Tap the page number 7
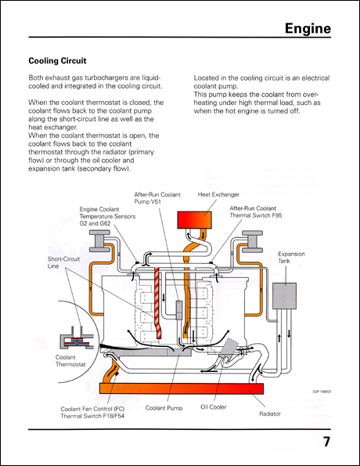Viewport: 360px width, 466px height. click(326, 442)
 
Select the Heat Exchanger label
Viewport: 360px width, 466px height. click(218, 193)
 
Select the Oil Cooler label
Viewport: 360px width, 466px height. click(213, 407)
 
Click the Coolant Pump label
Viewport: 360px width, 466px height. click(164, 407)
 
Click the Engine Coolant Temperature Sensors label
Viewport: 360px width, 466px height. click(108, 216)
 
